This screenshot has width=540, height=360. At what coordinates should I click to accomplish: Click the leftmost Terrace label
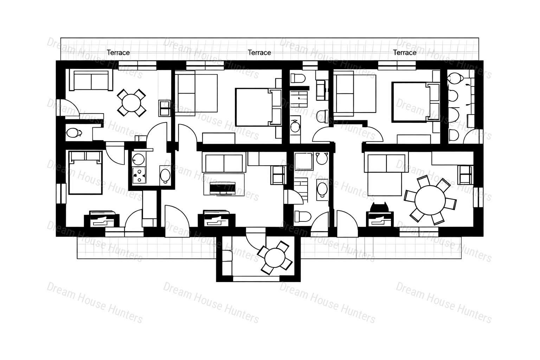pos(118,52)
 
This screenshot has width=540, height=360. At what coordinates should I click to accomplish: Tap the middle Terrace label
pos(259,52)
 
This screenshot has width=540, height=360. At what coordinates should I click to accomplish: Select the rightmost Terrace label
pos(405,52)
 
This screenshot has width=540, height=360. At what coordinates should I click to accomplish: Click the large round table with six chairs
pos(430,200)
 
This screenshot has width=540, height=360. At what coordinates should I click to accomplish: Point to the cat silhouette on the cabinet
pos(379,207)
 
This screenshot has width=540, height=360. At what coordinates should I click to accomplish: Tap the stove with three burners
pos(139,175)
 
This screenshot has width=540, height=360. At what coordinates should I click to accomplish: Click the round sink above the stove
pos(139,159)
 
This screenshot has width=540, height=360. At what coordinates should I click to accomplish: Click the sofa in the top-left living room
pos(91,80)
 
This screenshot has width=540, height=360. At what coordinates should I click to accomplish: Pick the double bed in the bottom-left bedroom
pos(85,172)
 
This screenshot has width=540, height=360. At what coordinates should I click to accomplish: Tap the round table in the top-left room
pos(131,103)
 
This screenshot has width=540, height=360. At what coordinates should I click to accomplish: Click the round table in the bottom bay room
pos(275,258)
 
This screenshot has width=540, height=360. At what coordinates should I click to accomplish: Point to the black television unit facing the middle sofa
pos(223,188)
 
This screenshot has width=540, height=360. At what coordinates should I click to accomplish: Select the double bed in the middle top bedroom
pos(258,107)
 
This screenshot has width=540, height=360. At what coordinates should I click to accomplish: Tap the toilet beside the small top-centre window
pos(298,78)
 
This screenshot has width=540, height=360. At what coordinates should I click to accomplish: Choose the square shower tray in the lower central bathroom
pos(304,161)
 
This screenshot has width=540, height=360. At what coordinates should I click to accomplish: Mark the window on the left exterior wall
pos(61,194)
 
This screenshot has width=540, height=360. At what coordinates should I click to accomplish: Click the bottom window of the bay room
pos(256,279)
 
